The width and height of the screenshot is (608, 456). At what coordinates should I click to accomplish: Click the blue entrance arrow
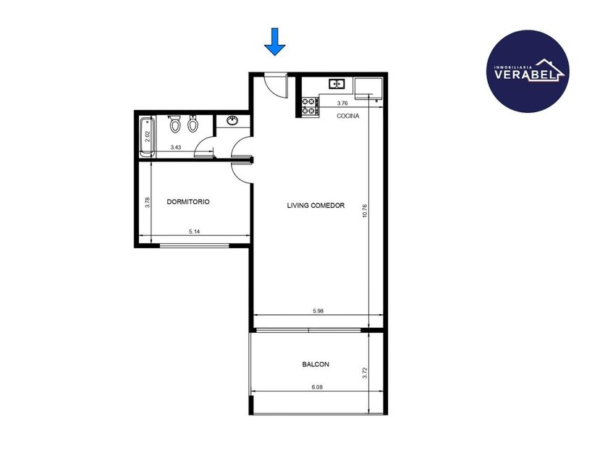coord(275,42)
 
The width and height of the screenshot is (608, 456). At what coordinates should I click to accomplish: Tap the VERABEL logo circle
coord(528,72)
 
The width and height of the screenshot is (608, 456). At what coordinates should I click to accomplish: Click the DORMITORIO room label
coord(188,202)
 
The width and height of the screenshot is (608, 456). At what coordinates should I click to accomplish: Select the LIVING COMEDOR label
coord(316,206)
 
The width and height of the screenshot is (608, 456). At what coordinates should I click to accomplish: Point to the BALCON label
coord(316,365)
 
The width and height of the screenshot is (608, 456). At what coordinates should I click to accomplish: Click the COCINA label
coord(348,116)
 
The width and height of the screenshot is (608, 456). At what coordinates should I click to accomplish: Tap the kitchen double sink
coord(337,84)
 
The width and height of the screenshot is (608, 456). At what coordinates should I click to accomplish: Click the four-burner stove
coord(310,106)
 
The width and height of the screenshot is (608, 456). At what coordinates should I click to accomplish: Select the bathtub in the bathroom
coord(148,138)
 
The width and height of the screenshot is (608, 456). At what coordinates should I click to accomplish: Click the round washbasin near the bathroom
coord(232,121)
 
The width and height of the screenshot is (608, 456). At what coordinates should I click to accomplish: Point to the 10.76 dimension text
coord(365,211)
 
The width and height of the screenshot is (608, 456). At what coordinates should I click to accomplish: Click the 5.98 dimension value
coord(318,311)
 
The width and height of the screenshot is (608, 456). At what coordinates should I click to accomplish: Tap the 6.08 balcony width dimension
coord(317,387)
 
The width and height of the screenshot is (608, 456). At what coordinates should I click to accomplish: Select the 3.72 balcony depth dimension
coord(365,373)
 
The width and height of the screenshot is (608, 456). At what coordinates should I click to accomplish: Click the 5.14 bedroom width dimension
coord(194,232)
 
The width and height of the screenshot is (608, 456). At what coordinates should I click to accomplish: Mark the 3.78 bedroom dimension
coord(148,203)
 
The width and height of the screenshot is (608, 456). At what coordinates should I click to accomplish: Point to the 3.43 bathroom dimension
coord(176,148)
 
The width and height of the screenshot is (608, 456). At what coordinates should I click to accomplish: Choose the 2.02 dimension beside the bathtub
coord(148,137)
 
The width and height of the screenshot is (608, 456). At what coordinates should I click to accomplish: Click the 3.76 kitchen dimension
coord(342,104)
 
